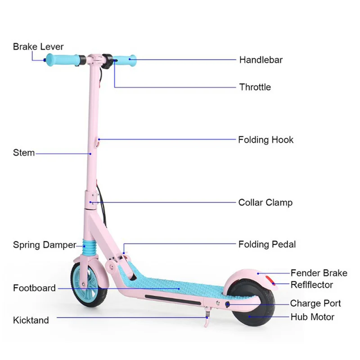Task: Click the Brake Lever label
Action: [38, 46]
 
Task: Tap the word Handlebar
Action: [261, 60]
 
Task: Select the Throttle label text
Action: [255, 87]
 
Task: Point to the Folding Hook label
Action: [265, 139]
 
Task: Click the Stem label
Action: [23, 153]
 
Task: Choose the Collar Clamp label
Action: [265, 202]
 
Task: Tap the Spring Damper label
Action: [44, 245]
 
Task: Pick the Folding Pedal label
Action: [267, 244]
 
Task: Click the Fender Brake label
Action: [319, 273]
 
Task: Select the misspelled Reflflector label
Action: [311, 285]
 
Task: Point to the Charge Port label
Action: [315, 304]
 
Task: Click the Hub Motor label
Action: [312, 317]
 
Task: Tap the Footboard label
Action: [34, 288]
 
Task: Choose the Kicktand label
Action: [31, 320]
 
